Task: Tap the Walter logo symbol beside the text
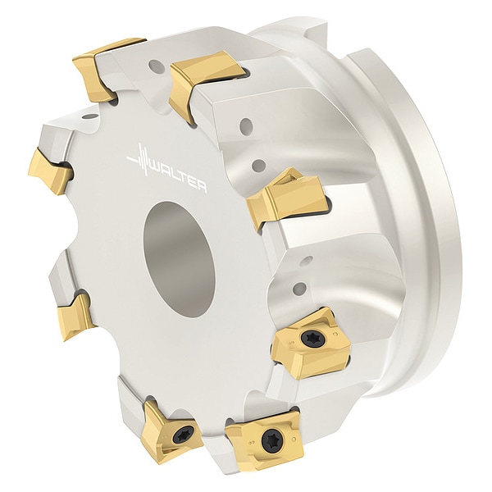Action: [139, 161]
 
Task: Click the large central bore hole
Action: [179, 259]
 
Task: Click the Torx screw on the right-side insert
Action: [309, 338]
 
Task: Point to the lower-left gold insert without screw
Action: [75, 317]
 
